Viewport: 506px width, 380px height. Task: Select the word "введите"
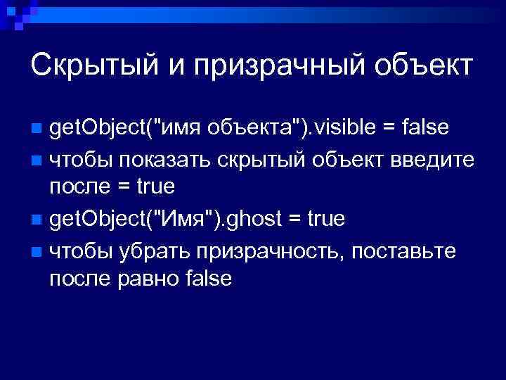pyautogui.click(x=435, y=159)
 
